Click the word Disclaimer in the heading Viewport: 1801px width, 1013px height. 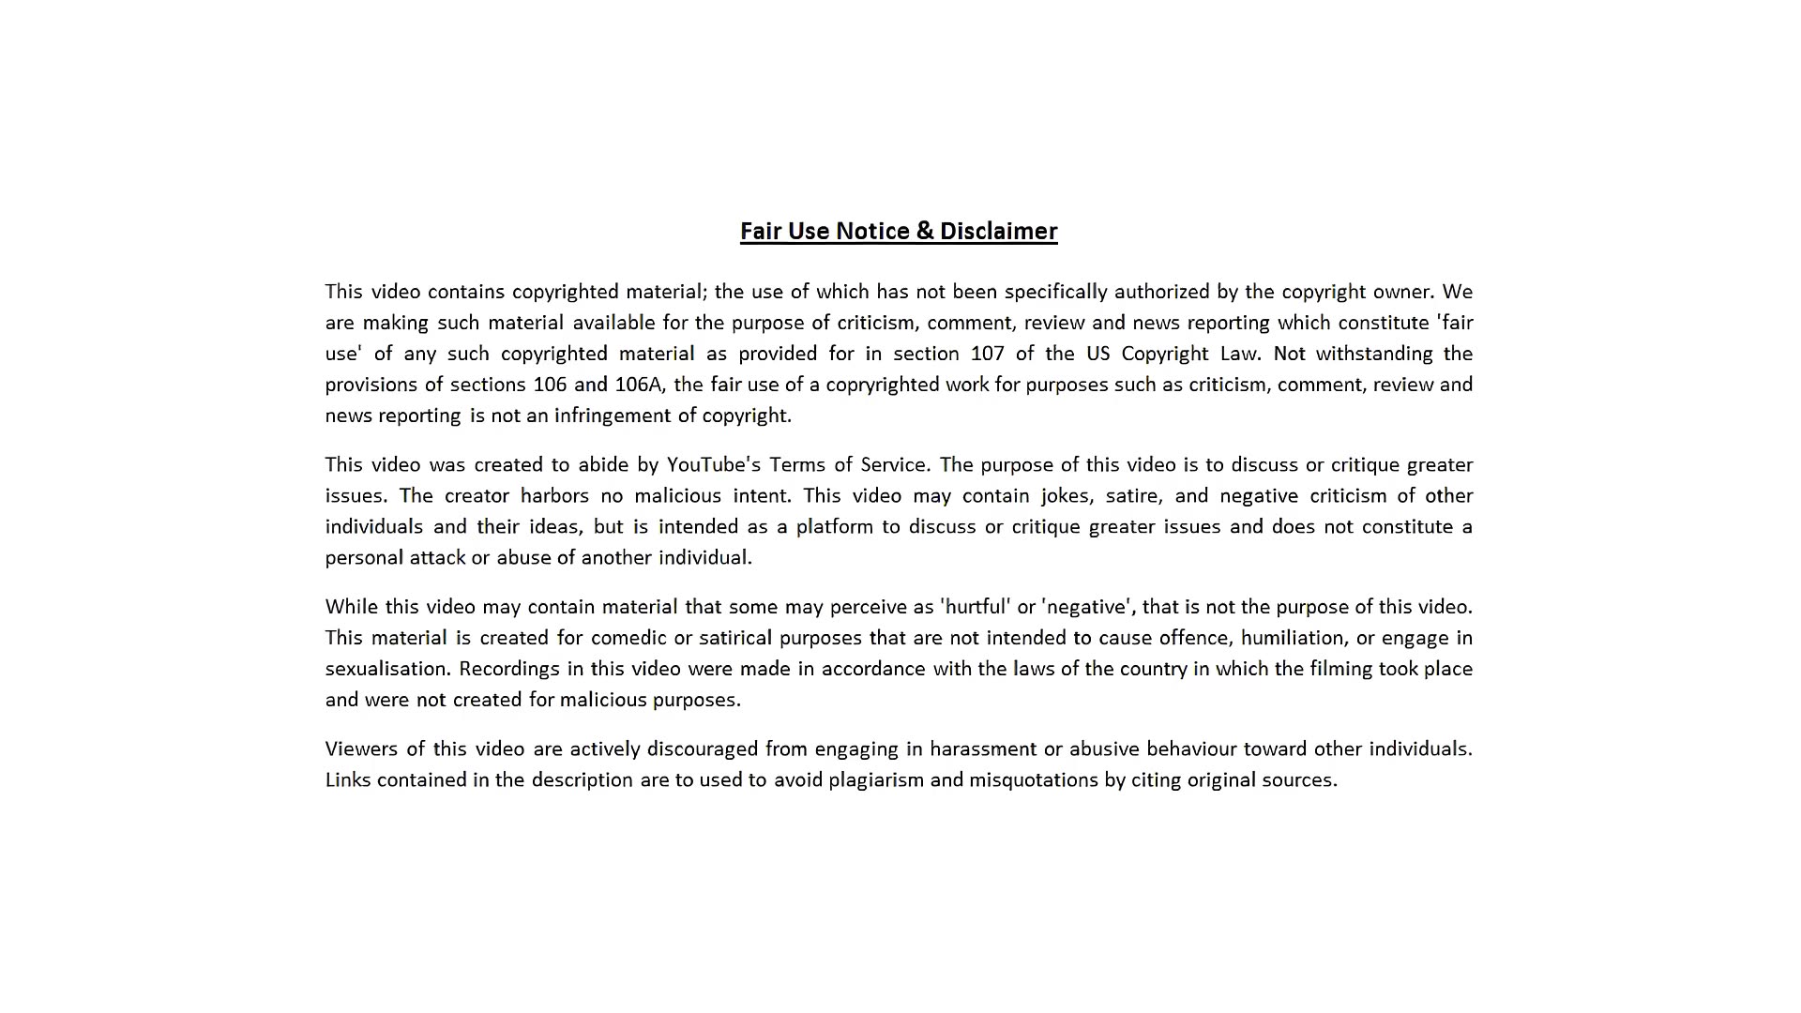998,232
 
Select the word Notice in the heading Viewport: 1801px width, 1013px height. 872,232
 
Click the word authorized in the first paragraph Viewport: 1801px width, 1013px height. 1161,292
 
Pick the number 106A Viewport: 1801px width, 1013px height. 639,385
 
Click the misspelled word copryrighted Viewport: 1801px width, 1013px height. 882,385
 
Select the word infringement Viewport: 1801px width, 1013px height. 613,416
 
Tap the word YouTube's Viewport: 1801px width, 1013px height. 713,465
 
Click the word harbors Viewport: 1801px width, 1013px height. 554,496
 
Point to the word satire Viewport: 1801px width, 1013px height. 1133,496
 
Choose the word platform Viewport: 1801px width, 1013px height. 834,527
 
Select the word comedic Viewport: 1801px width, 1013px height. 628,638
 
